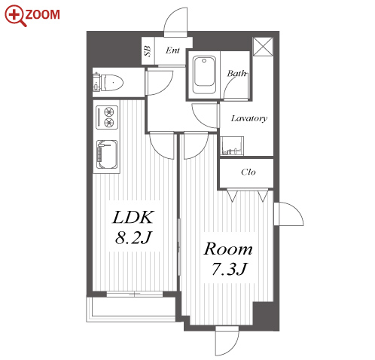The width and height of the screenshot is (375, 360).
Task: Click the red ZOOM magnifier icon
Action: click(x=16, y=16)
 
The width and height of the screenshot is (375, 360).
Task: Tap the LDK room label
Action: click(x=133, y=217)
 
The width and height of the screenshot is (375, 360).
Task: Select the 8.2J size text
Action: click(x=133, y=237)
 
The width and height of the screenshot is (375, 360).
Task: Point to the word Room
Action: click(x=228, y=249)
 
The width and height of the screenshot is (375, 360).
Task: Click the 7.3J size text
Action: click(x=230, y=269)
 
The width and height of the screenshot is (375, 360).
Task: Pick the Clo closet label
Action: click(x=248, y=172)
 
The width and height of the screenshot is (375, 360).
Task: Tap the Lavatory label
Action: click(x=248, y=118)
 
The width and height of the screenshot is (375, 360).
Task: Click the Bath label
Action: click(x=236, y=73)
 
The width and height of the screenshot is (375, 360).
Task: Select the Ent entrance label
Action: click(x=172, y=50)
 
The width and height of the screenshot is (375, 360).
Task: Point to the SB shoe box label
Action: click(x=148, y=51)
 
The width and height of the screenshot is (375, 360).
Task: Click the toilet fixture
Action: click(x=108, y=82)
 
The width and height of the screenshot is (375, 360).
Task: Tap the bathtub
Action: click(x=204, y=75)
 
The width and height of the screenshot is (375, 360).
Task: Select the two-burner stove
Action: click(x=107, y=117)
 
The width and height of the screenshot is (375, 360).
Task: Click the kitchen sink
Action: click(x=107, y=154)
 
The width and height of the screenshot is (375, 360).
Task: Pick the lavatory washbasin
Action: click(x=232, y=146)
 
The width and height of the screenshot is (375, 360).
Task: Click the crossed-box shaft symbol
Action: click(x=263, y=47)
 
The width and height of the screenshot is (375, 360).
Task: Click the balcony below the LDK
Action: click(x=131, y=309)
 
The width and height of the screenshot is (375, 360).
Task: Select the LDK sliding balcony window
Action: click(x=135, y=294)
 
